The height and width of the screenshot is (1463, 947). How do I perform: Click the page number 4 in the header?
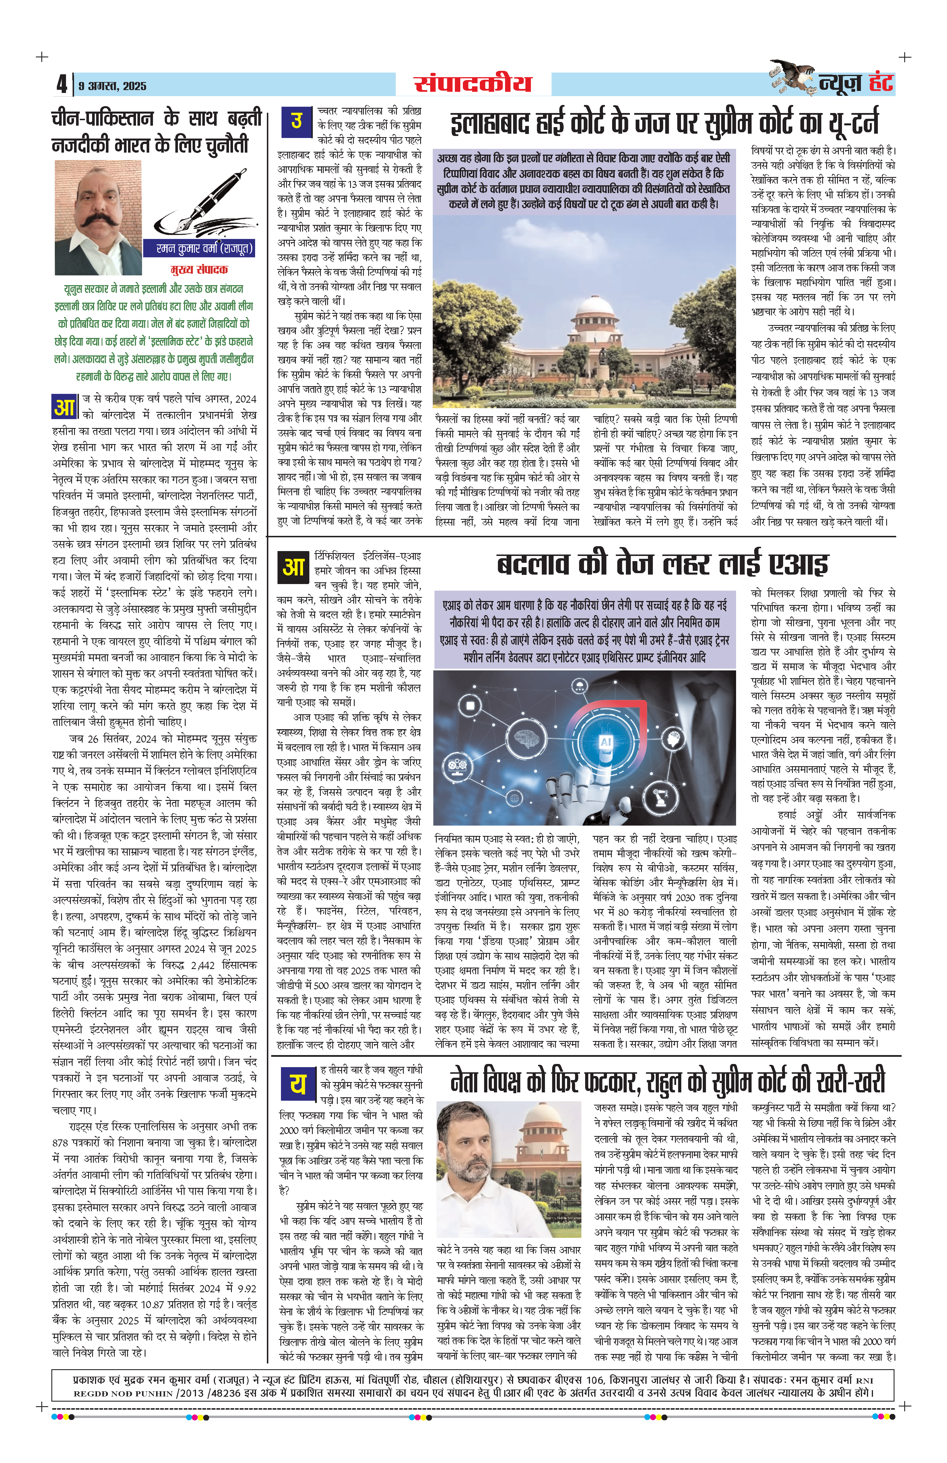(x=61, y=84)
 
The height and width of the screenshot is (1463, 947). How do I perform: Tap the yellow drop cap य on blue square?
(x=298, y=1084)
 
